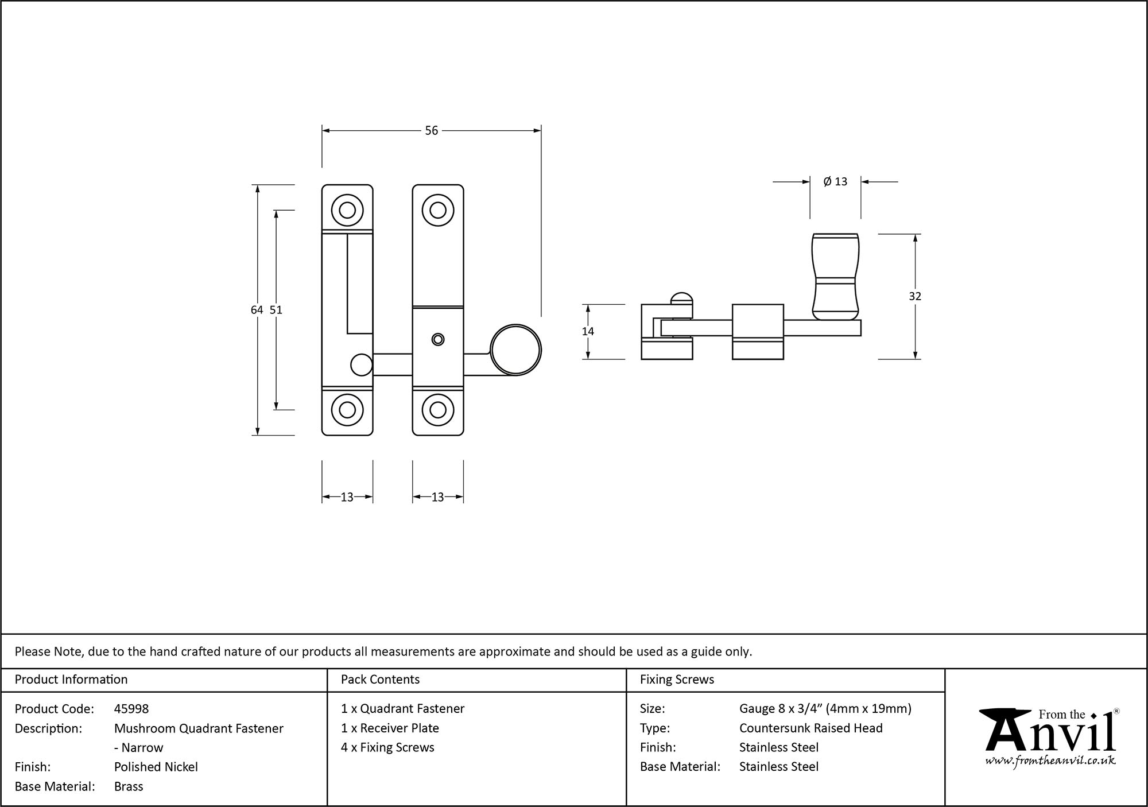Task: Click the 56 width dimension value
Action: click(431, 131)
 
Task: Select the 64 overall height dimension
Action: click(257, 310)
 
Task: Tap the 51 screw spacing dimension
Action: click(276, 310)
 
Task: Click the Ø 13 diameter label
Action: click(835, 182)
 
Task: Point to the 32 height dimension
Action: click(915, 296)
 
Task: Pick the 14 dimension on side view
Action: click(588, 331)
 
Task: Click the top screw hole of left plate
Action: click(347, 210)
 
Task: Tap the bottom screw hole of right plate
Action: click(438, 410)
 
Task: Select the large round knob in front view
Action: click(516, 350)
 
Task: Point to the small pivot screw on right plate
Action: click(438, 339)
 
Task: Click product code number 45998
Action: click(131, 709)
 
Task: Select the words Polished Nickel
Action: click(156, 767)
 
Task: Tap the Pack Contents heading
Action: click(380, 680)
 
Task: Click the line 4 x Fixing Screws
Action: click(387, 747)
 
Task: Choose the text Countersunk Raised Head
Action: click(810, 728)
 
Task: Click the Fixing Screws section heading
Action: click(677, 680)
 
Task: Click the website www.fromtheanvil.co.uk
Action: click(1050, 761)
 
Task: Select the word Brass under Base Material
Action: click(129, 786)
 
